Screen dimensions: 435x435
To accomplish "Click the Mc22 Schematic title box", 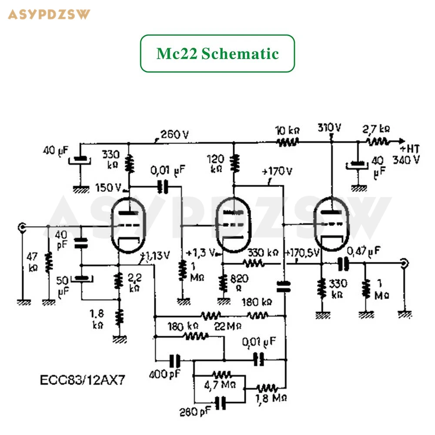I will tap(217, 54).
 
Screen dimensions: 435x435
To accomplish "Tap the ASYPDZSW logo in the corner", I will tap(49, 14).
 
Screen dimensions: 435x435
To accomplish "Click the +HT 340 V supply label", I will tap(407, 154).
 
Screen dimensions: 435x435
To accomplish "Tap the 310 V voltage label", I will tap(329, 128).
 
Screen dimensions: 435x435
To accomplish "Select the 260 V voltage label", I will tap(174, 134).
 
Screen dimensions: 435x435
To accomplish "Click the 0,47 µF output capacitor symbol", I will tap(344, 263).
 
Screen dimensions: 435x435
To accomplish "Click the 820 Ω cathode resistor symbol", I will tap(223, 284).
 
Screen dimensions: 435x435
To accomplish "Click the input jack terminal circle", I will tap(21, 226).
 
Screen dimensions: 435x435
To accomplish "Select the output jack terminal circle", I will tap(404, 263).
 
